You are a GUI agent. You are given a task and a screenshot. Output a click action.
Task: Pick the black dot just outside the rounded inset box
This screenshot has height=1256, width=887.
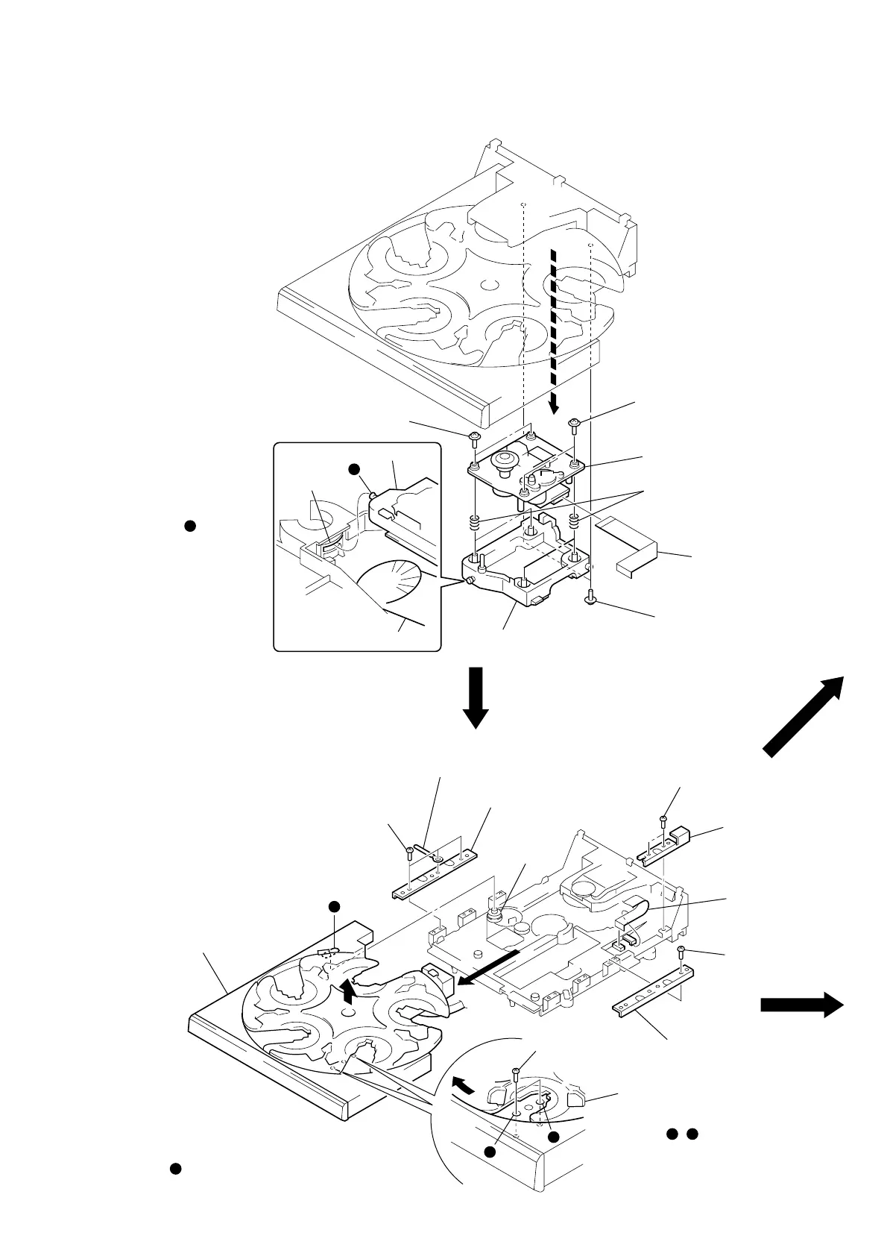pyautogui.click(x=189, y=526)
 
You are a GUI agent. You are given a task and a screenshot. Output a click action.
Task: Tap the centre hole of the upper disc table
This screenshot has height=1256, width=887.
pyautogui.click(x=489, y=284)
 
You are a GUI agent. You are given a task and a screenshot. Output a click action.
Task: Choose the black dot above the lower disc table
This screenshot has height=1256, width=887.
pyautogui.click(x=335, y=906)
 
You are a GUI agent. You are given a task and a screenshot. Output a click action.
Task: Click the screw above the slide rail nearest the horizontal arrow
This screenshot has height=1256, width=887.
pyautogui.click(x=683, y=950)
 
